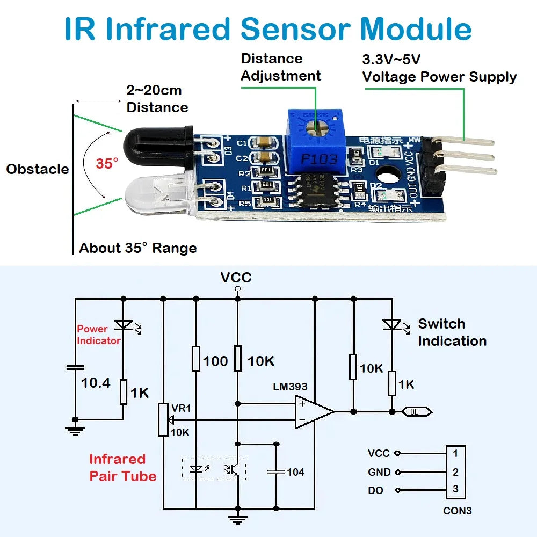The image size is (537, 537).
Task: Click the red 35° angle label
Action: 107,163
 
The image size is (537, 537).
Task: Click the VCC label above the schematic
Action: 236,278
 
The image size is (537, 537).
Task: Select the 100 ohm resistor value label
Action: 215,361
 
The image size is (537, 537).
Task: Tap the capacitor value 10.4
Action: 96,383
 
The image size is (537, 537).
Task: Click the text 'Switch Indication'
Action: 452,332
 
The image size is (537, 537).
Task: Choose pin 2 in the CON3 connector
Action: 455,472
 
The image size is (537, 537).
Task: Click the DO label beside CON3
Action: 375,491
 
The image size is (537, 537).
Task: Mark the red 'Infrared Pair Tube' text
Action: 122,468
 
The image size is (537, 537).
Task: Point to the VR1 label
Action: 180,409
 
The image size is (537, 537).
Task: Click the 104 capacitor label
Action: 295,472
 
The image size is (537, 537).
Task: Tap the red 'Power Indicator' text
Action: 98,335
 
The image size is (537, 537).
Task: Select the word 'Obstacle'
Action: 38,169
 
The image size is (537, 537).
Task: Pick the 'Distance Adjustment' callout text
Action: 280,67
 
